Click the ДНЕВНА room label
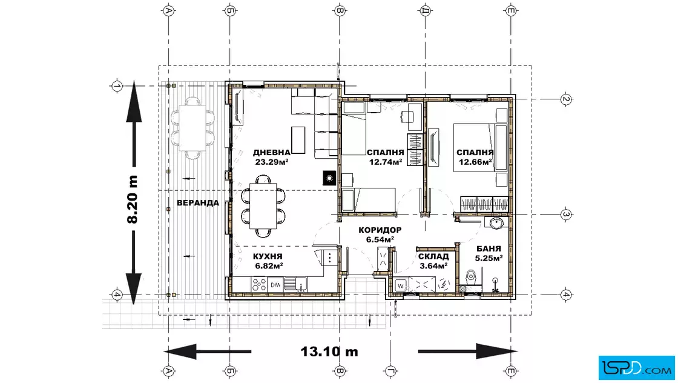click(x=272, y=152)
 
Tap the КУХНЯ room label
click(x=268, y=256)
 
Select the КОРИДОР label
click(x=380, y=230)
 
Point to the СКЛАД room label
click(x=433, y=256)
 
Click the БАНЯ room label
click(x=489, y=249)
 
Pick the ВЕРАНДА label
click(x=198, y=203)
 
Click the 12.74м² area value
click(x=386, y=162)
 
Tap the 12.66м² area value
click(x=475, y=162)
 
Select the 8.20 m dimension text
click(x=133, y=199)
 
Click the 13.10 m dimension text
click(x=329, y=351)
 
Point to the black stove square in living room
click(x=329, y=178)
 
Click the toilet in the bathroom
click(x=471, y=277)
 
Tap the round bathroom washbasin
click(x=496, y=223)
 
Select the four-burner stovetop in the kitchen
click(x=260, y=284)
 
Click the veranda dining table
click(x=193, y=128)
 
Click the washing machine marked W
click(x=401, y=285)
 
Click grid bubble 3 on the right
click(x=566, y=214)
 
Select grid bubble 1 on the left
click(x=117, y=86)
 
